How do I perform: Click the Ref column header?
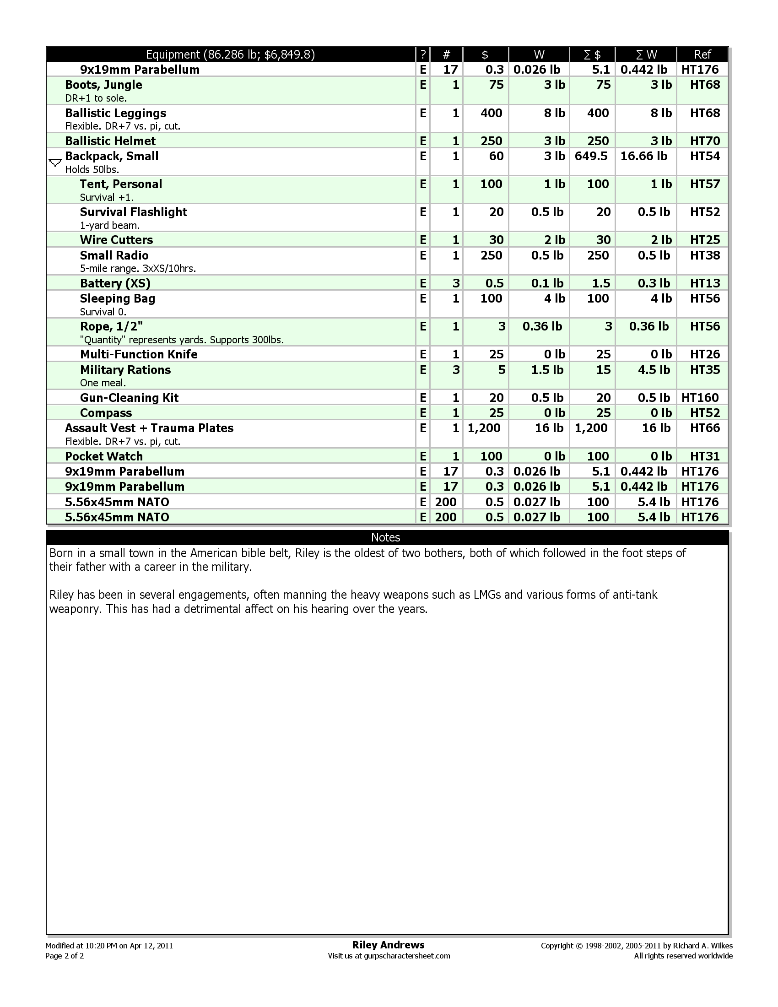702,55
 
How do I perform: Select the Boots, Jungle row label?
103,85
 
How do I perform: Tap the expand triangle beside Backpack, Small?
55,162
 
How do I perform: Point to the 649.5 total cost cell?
591,156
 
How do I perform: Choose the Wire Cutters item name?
116,240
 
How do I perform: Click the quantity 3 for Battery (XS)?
456,283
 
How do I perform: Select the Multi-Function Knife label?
138,354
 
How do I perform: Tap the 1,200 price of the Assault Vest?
484,428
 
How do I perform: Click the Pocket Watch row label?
104,456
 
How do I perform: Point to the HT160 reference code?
700,397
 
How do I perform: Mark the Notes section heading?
385,537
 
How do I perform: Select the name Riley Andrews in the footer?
388,945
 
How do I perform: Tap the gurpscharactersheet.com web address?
406,956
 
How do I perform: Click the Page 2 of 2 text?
65,956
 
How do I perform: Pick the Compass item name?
106,413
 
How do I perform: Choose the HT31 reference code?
705,456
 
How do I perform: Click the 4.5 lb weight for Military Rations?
654,370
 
